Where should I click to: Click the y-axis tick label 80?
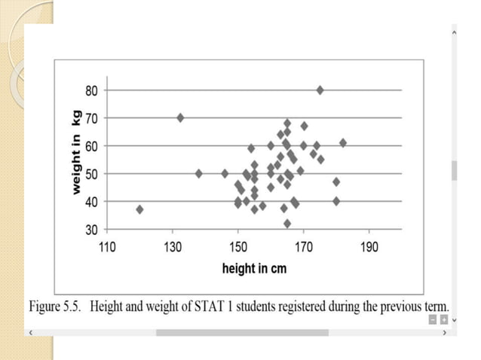pyautogui.click(x=90, y=90)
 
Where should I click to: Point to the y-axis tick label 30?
pyautogui.click(x=90, y=230)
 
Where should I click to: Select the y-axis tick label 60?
pyautogui.click(x=90, y=146)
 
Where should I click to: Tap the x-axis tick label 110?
pyautogui.click(x=107, y=246)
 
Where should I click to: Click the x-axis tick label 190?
pyautogui.click(x=369, y=246)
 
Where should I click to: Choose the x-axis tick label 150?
pyautogui.click(x=238, y=246)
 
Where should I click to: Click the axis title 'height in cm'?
pyautogui.click(x=254, y=268)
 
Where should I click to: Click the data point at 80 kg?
pyautogui.click(x=320, y=90)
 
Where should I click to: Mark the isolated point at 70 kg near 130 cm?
pyautogui.click(x=180, y=117)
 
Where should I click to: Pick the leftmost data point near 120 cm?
pyautogui.click(x=139, y=209)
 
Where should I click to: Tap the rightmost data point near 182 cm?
pyautogui.click(x=343, y=142)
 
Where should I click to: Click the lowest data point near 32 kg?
pyautogui.click(x=287, y=224)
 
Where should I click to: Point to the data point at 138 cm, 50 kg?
pyautogui.click(x=199, y=173)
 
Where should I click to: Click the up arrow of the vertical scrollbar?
pyautogui.click(x=454, y=32)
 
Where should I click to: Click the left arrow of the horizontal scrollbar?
pyautogui.click(x=30, y=332)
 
